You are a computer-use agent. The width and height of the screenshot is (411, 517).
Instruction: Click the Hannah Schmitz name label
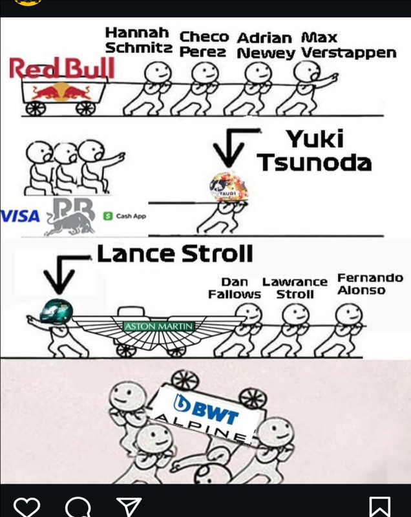137,40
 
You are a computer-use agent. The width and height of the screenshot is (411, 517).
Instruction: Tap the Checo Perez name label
204,44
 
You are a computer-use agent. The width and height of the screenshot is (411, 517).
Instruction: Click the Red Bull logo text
62,68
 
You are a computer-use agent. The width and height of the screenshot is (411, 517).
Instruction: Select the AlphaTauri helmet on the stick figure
230,188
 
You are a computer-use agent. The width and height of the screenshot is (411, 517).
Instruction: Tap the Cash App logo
124,215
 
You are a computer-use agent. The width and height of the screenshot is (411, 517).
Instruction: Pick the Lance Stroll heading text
174,254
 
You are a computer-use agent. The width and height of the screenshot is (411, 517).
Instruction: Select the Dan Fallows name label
235,288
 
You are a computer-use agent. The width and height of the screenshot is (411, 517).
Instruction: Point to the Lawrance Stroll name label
295,288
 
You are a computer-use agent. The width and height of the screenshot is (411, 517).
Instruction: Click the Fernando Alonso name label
370,284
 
